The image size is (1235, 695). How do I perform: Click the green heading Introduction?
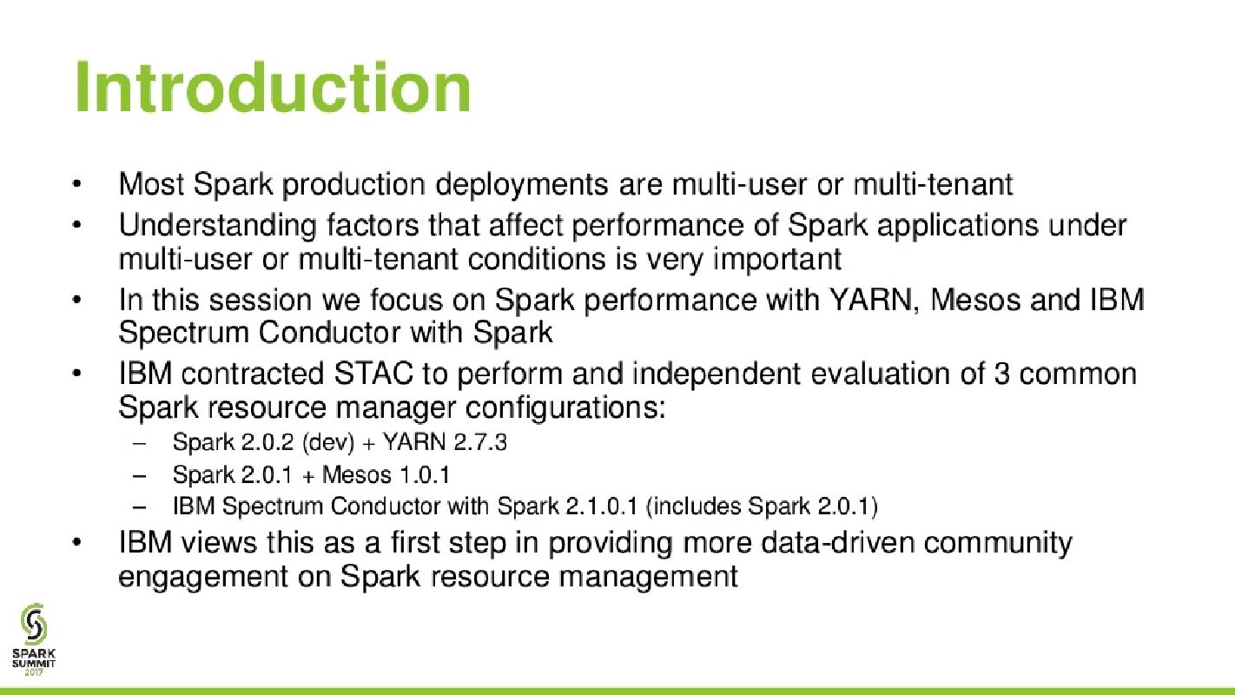tap(273, 87)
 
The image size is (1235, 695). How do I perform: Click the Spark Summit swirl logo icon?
tap(34, 624)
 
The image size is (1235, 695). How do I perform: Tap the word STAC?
tap(373, 374)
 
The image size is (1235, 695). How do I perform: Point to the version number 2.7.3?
tap(479, 442)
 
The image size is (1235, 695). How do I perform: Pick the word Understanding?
tap(217, 226)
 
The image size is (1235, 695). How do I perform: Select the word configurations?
tap(565, 408)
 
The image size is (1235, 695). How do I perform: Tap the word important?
tap(777, 260)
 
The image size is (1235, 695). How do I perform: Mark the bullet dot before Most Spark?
tap(76, 184)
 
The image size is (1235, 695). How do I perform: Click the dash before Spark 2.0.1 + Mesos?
tap(140, 475)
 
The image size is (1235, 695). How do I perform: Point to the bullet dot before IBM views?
tap(76, 543)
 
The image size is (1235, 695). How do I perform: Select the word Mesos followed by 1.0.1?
tap(356, 474)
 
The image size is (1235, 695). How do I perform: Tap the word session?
tap(261, 301)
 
